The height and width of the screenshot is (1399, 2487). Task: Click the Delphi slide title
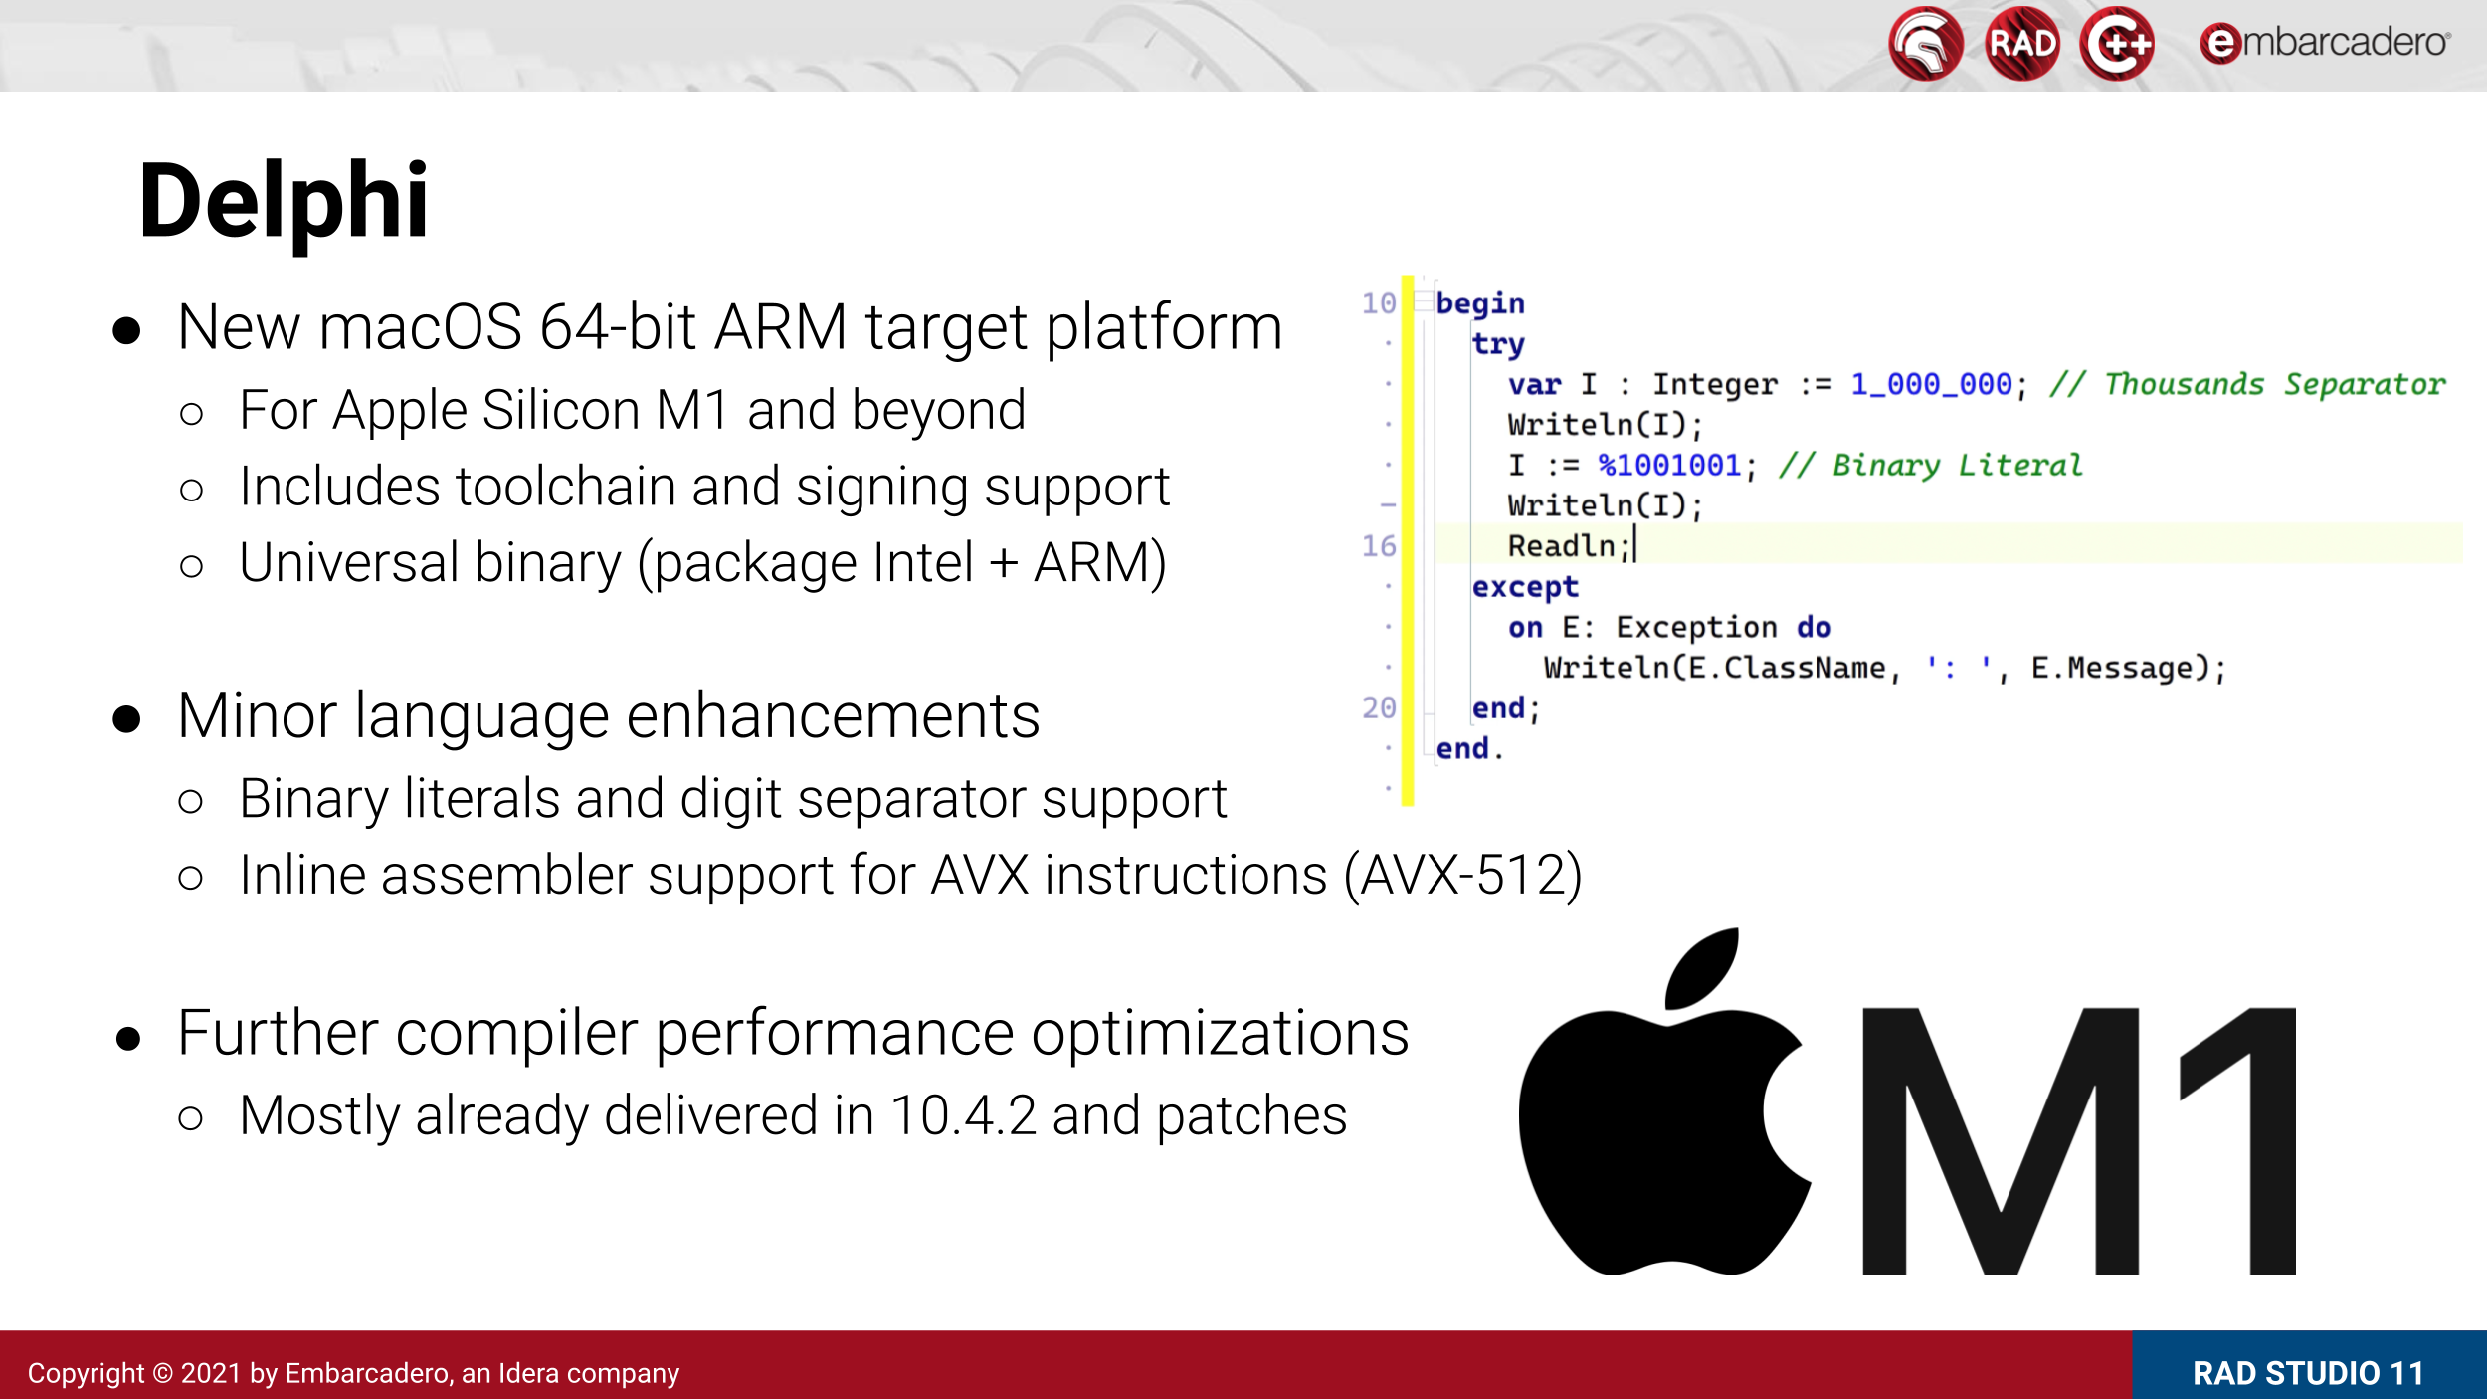point(284,202)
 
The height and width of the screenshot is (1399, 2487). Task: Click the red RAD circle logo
point(2021,44)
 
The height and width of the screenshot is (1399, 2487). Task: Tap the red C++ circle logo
point(2117,44)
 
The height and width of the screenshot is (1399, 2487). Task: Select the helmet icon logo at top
point(1926,44)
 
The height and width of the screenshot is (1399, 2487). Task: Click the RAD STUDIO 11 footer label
point(2308,1373)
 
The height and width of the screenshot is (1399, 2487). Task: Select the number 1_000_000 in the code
point(1931,384)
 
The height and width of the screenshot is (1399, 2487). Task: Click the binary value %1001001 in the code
point(1669,465)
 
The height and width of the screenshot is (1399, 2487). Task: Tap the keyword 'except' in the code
point(1525,587)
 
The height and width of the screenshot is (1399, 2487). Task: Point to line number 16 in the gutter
point(1379,546)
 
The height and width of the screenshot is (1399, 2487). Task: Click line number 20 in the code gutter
point(1379,708)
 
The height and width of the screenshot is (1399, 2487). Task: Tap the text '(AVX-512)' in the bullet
point(1462,876)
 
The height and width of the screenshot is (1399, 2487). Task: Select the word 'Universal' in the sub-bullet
point(349,563)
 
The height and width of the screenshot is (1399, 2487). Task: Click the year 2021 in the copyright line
point(211,1373)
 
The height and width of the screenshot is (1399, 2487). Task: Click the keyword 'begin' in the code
point(1479,303)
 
